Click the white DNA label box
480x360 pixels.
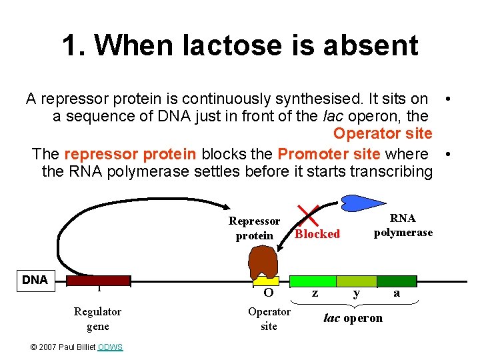click(35, 280)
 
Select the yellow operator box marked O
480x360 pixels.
click(267, 281)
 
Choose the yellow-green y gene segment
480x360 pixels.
click(357, 281)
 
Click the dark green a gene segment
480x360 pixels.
click(397, 281)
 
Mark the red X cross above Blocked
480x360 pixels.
click(307, 215)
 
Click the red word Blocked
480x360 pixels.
click(317, 234)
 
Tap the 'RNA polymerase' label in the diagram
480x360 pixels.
click(403, 225)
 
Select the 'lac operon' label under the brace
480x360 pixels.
click(353, 318)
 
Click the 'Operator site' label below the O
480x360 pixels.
click(269, 319)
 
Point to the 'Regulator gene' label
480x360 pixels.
click(97, 319)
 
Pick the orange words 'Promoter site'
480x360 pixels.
click(329, 154)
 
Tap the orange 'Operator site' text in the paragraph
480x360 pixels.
click(383, 133)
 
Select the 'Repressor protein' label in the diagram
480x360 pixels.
click(254, 228)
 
